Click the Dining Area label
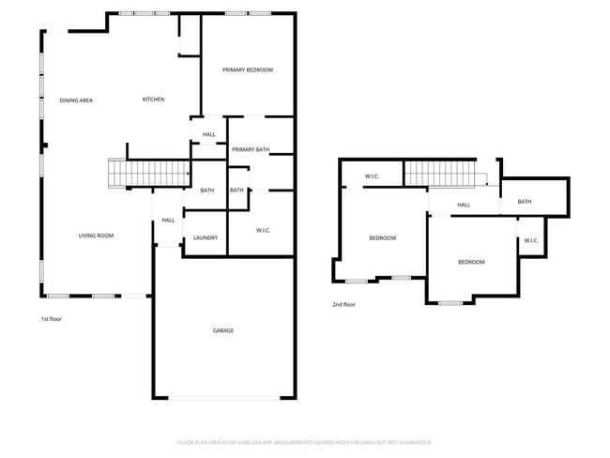(x=76, y=99)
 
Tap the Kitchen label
(x=154, y=99)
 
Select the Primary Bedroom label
(x=248, y=70)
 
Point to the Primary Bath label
(x=251, y=149)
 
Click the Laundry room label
(x=206, y=237)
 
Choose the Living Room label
(x=96, y=236)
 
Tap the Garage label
(x=223, y=330)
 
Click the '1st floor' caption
(x=51, y=319)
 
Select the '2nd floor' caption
(x=343, y=304)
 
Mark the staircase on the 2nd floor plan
(x=442, y=174)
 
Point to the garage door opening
(x=223, y=398)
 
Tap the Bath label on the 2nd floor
(x=525, y=202)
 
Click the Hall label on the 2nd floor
(x=464, y=205)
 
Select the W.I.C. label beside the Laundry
(x=263, y=230)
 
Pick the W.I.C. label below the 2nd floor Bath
(x=530, y=240)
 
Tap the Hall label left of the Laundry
(x=168, y=221)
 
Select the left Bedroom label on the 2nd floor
(x=382, y=238)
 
